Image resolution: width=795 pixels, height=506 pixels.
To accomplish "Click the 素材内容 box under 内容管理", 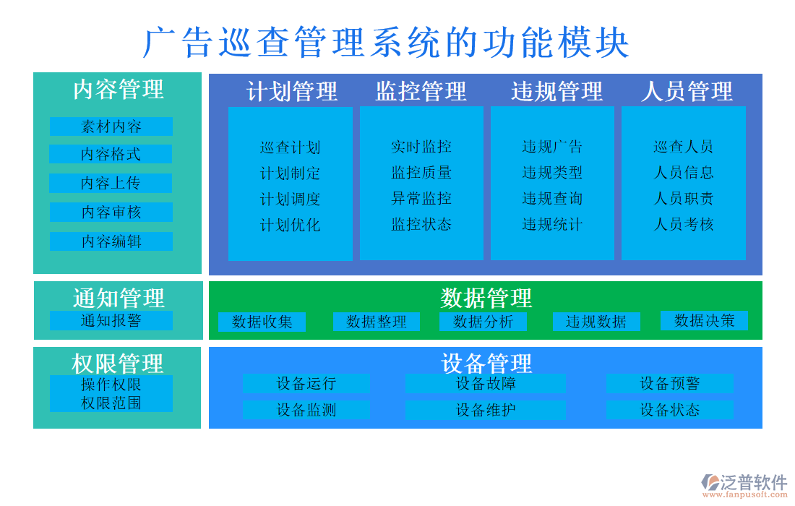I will pos(111,126).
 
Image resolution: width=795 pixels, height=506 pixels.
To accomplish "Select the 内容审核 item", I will pos(111,212).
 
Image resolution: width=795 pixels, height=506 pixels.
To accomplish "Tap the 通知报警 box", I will pos(111,320).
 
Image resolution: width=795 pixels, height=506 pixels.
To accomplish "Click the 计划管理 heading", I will pos(292,92).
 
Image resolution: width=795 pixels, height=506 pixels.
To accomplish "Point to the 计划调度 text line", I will pos(290,199).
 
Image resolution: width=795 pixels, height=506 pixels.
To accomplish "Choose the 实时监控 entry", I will pos(421,147).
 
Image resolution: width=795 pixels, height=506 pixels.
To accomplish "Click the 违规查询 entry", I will pos(552,198).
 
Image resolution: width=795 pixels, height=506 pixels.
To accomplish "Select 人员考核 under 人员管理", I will pos(683,224).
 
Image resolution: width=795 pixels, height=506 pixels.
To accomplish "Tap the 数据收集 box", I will pos(262,322).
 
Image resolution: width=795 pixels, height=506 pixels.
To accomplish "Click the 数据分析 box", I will pos(483,322).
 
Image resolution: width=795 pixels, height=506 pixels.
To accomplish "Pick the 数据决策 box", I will pos(704,320).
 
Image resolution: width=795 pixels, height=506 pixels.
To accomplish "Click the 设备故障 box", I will pos(486,383).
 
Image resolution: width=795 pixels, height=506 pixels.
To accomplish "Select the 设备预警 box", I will pos(669,383).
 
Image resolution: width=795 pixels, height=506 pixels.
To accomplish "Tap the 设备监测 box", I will pos(306,410).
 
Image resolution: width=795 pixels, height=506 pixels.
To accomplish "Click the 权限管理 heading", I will pos(118,363).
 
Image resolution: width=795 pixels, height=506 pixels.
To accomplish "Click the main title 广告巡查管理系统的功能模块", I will pos(387,43).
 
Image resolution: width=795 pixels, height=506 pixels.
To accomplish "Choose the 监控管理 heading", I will pos(421,92).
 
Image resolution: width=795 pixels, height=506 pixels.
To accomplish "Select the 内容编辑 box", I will pos(111,241).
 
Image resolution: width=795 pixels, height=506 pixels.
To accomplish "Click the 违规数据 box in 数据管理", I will pos(596,322).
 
